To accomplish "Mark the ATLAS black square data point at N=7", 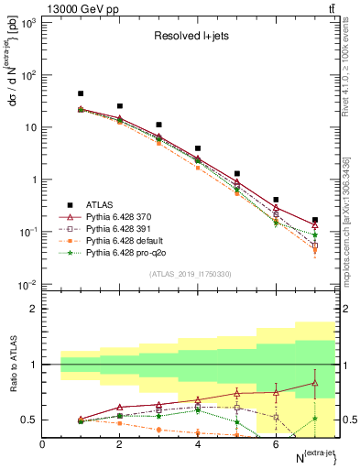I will coord(315,220).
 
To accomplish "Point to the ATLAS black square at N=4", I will coord(198,147).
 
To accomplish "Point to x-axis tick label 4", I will coord(198,444).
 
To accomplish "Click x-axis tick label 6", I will coord(276,444).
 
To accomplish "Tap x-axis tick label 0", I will coord(42,444).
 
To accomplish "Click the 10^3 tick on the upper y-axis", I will coord(30,22).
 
